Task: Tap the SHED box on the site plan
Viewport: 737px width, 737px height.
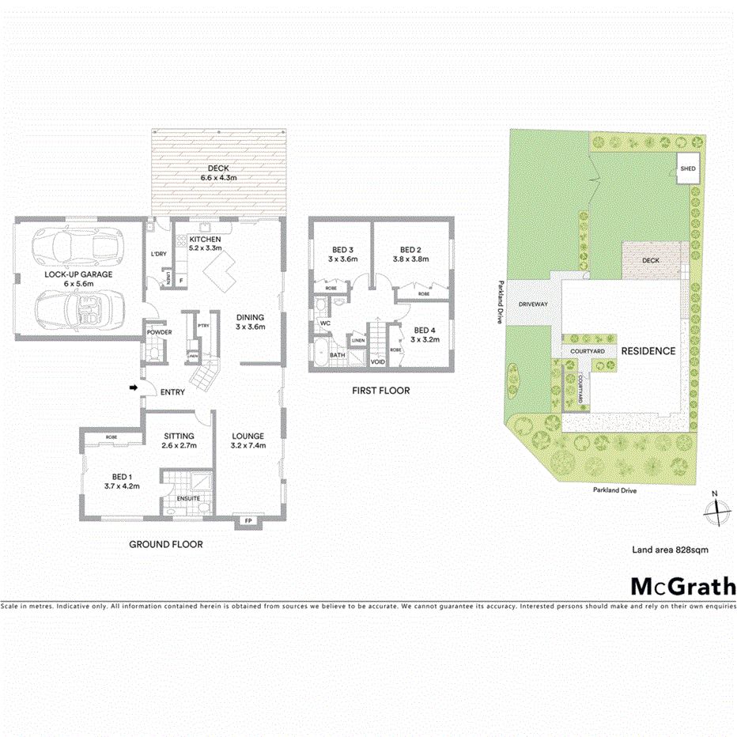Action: point(689,168)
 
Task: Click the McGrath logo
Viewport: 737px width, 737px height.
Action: point(682,586)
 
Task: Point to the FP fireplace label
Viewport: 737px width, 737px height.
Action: point(248,520)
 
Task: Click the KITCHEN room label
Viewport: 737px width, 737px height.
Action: point(205,239)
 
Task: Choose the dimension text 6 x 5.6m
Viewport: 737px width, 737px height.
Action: point(78,284)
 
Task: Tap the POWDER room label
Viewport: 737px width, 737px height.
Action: point(159,332)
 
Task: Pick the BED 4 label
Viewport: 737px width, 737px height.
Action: point(424,331)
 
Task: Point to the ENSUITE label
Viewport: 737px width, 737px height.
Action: point(188,498)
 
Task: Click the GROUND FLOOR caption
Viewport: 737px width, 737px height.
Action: point(166,544)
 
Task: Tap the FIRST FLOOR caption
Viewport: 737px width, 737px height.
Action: point(381,391)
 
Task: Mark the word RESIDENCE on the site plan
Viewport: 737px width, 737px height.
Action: point(648,351)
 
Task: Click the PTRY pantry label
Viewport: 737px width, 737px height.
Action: point(203,325)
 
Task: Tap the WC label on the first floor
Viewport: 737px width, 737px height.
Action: point(325,323)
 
